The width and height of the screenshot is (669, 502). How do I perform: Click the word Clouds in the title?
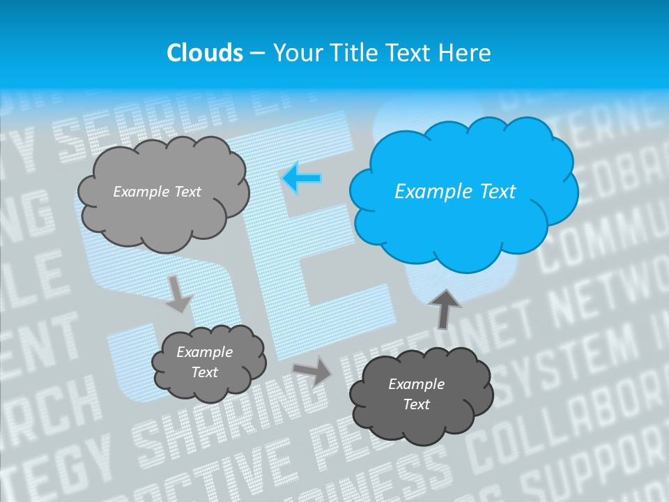pyautogui.click(x=205, y=53)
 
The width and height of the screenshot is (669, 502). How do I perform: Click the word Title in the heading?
pyautogui.click(x=351, y=53)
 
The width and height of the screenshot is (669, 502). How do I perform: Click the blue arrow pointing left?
pyautogui.click(x=301, y=178)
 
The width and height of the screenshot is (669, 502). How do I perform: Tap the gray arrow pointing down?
pyautogui.click(x=178, y=295)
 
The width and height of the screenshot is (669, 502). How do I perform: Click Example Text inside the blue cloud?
pyautogui.click(x=455, y=192)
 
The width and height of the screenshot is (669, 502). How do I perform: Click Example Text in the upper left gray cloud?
pyautogui.click(x=157, y=192)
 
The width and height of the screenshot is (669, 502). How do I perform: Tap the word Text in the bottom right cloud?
pyautogui.click(x=416, y=404)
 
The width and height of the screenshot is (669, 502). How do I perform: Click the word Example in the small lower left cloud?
pyautogui.click(x=204, y=352)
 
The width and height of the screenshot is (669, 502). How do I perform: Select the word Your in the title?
pyautogui.click(x=298, y=53)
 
